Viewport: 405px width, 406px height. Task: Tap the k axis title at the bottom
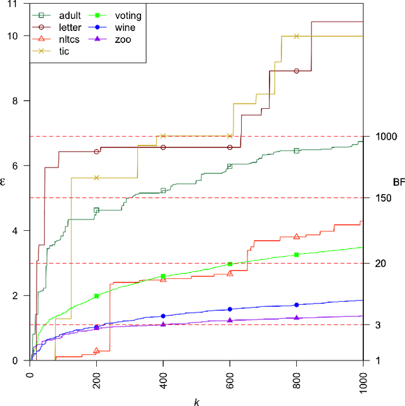(x=196, y=401)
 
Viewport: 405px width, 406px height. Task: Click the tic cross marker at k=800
(x=296, y=36)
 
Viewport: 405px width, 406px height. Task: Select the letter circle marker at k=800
(x=296, y=71)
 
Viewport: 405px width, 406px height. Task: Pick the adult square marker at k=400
(x=163, y=190)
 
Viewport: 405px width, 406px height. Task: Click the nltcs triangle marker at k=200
(x=96, y=350)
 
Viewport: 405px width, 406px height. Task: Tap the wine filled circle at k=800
(x=296, y=305)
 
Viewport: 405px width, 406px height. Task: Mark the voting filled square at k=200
(x=96, y=296)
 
